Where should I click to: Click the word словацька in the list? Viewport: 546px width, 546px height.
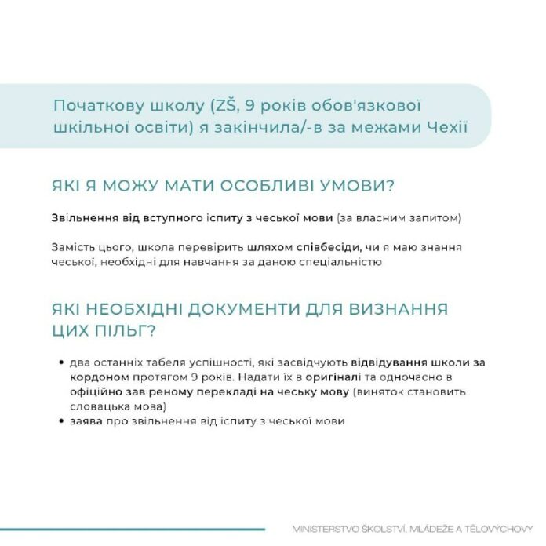tap(96, 406)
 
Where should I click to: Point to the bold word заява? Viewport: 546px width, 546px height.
tap(84, 421)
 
